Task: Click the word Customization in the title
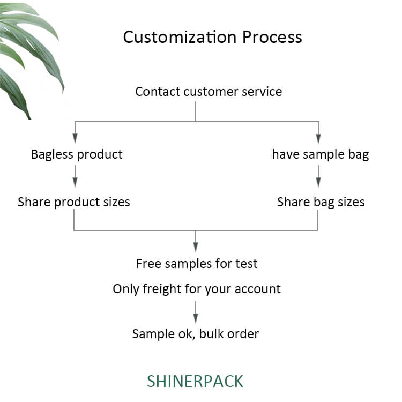[x=180, y=37]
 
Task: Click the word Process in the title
[x=272, y=37]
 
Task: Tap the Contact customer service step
[x=209, y=92]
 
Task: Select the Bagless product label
[x=77, y=154]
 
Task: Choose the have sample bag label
[x=321, y=154]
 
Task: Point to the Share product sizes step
[x=74, y=202]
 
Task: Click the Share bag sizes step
[x=321, y=202]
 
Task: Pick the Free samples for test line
[x=197, y=264]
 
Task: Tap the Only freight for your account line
[x=197, y=289]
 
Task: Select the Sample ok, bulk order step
[x=195, y=334]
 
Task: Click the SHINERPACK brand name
[x=195, y=381]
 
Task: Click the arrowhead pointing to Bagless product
[x=75, y=138]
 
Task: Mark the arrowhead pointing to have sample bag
[x=318, y=138]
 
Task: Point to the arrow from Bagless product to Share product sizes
[x=75, y=176]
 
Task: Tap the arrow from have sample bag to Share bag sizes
[x=318, y=176]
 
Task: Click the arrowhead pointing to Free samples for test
[x=196, y=247]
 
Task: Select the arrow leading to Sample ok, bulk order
[x=196, y=312]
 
